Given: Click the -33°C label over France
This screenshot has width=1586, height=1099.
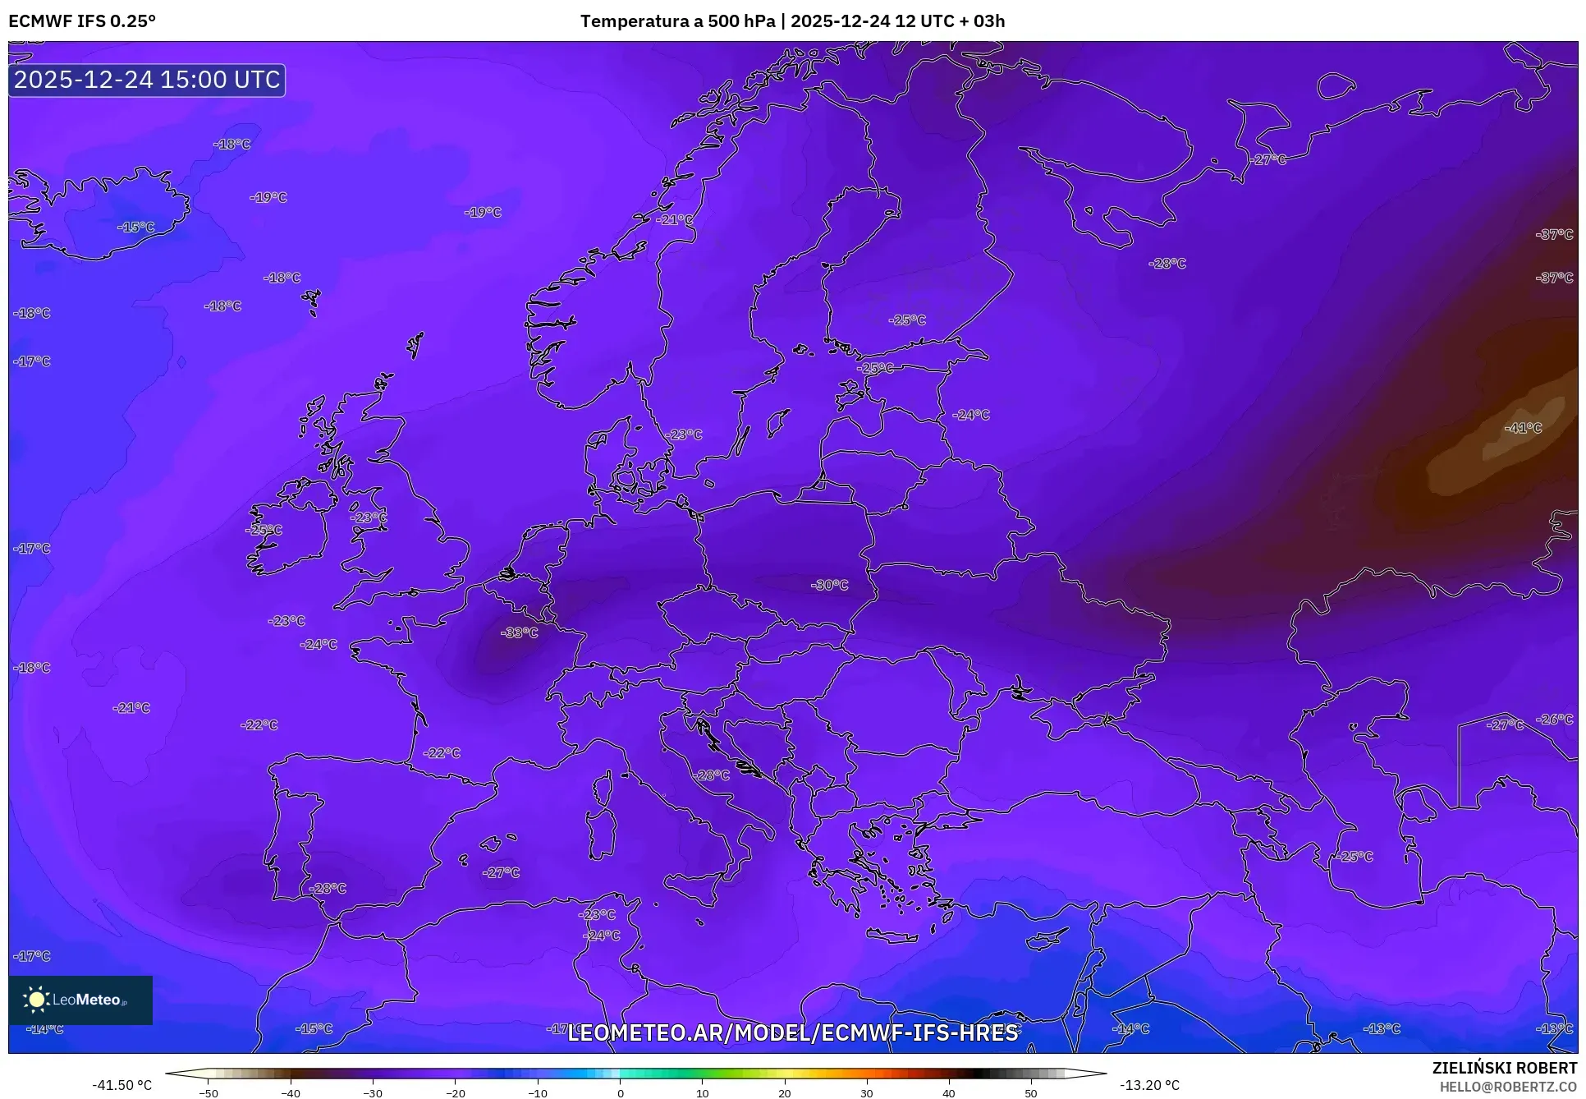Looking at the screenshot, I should click(520, 632).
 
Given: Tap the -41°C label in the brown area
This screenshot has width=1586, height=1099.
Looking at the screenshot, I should click(1523, 428).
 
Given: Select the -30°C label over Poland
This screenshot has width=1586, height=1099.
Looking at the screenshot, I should click(829, 585).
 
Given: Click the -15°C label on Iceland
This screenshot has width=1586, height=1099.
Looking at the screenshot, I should click(135, 227).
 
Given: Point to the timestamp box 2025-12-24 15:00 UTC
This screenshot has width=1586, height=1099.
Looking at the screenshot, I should click(147, 80).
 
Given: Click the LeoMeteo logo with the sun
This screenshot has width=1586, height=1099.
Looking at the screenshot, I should click(80, 1000).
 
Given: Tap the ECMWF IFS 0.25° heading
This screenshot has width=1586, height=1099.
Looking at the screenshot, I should click(81, 21).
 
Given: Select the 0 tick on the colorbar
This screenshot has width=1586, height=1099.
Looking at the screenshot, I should click(620, 1093).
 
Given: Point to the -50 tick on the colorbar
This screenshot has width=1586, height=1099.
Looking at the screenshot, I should click(209, 1093).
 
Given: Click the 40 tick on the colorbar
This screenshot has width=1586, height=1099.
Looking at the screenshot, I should click(949, 1093).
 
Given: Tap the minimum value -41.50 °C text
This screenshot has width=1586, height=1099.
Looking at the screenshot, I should click(121, 1085).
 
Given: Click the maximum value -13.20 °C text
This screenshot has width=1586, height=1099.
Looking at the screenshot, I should click(1149, 1085).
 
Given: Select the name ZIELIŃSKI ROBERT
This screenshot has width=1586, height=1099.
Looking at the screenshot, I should click(1504, 1068).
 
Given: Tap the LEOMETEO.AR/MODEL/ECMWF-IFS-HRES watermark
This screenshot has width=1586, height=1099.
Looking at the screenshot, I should click(792, 1032).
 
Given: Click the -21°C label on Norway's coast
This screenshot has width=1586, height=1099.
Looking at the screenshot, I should click(674, 219).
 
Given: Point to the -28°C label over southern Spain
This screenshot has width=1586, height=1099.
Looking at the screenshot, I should click(327, 888).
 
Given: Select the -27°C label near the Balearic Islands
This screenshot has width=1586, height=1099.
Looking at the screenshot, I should click(501, 872).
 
